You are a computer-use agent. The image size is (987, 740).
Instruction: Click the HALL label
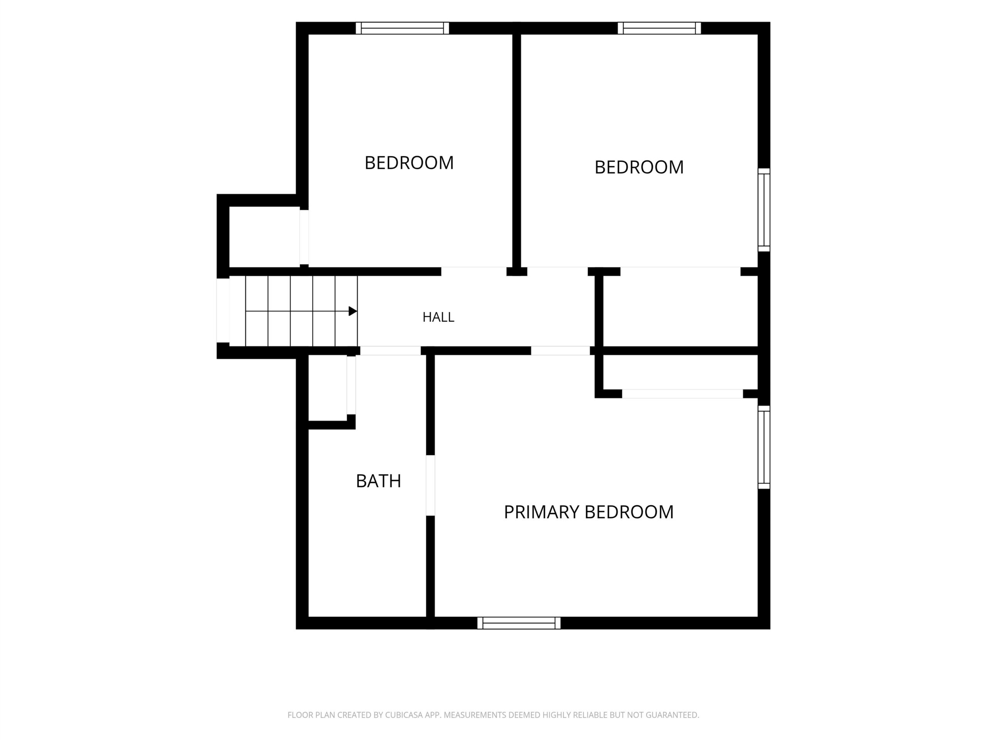click(x=438, y=317)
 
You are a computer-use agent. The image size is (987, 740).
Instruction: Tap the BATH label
click(x=378, y=481)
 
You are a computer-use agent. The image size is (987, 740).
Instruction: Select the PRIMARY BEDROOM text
click(x=589, y=512)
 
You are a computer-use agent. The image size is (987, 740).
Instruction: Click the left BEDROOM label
click(x=409, y=163)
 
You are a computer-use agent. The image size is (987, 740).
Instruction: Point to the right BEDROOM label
click(x=639, y=167)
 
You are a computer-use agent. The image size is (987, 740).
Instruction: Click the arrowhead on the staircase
click(x=352, y=311)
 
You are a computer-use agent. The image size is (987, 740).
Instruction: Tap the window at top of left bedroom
click(x=403, y=28)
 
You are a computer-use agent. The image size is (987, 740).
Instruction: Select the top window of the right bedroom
click(x=659, y=28)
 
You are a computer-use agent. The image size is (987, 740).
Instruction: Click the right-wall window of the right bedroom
click(x=764, y=210)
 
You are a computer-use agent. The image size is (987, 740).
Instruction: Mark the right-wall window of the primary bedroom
click(x=764, y=447)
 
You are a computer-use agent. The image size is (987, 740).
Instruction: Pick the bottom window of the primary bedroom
click(x=519, y=623)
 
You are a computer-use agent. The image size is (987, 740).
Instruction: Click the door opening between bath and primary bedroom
click(x=430, y=485)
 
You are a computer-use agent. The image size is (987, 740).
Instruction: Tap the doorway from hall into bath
click(x=391, y=351)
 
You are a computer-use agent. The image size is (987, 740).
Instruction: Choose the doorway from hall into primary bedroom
click(x=561, y=351)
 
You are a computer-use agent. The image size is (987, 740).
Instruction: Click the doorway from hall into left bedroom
click(x=474, y=271)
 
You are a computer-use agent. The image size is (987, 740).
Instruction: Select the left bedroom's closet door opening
click(x=304, y=237)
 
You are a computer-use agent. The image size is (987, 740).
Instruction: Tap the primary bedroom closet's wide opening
click(x=682, y=394)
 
